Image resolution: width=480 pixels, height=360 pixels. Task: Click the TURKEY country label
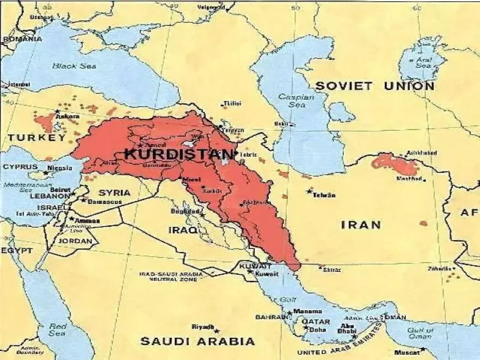coord(36,138)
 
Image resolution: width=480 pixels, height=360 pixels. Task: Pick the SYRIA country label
coord(114,193)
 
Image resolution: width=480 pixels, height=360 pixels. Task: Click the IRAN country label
coord(361,225)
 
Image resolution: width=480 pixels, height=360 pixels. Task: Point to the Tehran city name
coord(323,195)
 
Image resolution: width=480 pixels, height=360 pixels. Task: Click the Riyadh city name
coord(202,327)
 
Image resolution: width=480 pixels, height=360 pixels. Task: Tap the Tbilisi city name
coord(231,104)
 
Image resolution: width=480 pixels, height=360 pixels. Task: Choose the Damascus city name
coord(106,202)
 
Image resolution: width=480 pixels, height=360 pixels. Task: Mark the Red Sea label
coord(56,329)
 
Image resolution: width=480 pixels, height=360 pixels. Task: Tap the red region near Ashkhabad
coord(394,163)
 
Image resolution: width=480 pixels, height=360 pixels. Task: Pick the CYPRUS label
coord(20,167)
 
